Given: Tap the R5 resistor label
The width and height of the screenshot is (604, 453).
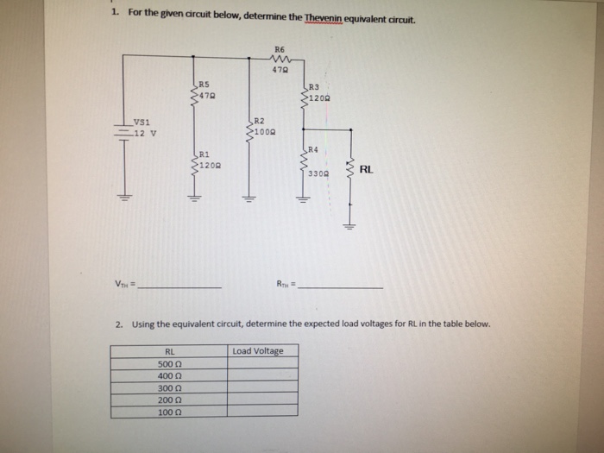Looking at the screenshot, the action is (204, 83).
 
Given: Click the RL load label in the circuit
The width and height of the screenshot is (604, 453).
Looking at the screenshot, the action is (366, 170).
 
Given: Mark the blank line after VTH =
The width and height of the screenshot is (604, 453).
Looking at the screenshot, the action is (182, 286).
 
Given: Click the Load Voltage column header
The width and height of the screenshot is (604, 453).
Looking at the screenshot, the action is (257, 351).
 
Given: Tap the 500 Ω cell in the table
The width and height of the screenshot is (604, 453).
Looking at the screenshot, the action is (169, 364).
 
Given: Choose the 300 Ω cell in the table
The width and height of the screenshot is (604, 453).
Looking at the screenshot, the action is (169, 388).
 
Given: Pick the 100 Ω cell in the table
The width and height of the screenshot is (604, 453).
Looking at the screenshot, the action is (169, 412).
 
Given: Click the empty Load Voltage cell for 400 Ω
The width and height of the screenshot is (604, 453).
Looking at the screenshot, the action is (263, 376).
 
